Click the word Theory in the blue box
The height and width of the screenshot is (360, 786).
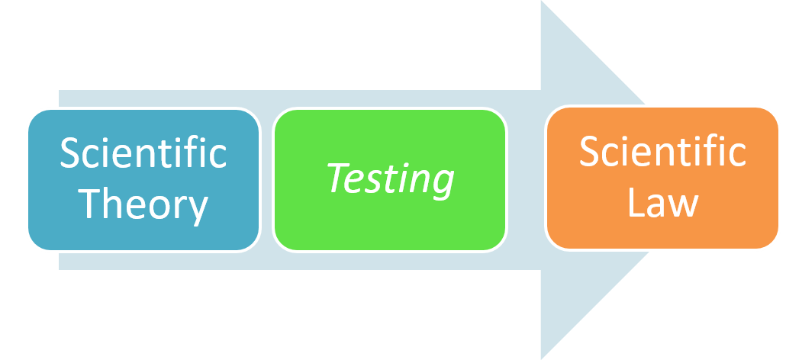pyautogui.click(x=143, y=204)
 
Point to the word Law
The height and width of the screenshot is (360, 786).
pyautogui.click(x=662, y=204)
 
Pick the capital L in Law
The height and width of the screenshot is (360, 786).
pyautogui.click(x=636, y=204)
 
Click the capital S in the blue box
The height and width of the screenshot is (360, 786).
pyautogui.click(x=70, y=154)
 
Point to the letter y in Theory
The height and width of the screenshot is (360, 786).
pyautogui.click(x=198, y=209)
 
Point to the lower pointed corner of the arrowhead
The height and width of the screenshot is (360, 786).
pyautogui.click(x=541, y=357)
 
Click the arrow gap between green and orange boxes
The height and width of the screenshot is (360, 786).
pyautogui.click(x=526, y=180)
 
